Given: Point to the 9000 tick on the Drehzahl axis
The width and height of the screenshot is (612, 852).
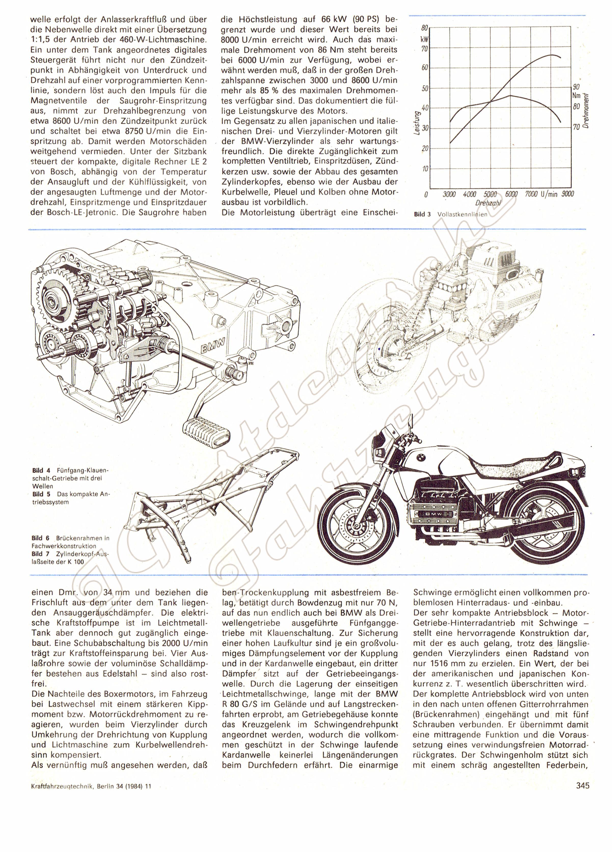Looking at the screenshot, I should (x=567, y=194).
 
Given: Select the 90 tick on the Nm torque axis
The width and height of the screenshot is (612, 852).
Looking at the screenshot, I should (x=576, y=87).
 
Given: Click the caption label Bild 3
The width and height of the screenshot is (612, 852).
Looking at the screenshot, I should (x=422, y=215).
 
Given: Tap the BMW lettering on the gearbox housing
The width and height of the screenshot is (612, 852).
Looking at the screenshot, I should (x=212, y=344).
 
